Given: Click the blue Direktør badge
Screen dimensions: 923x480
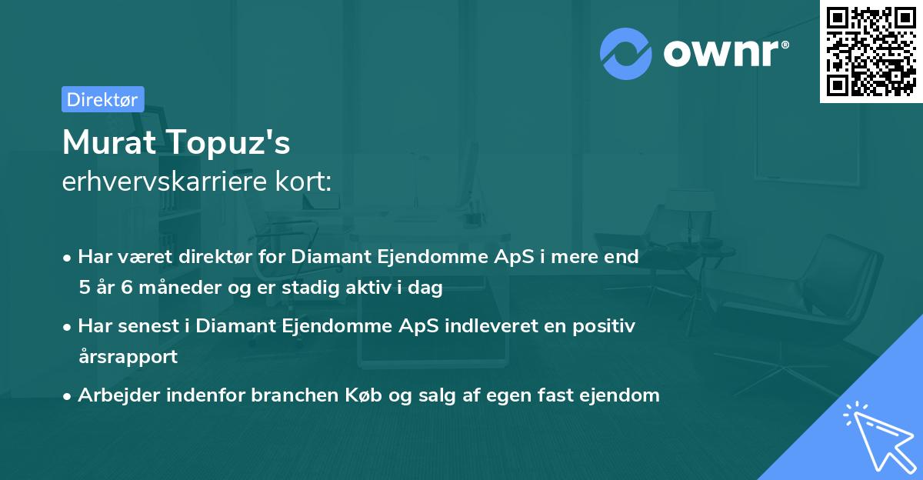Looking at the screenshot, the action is click(103, 99).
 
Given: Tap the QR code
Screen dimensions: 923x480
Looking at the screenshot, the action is click(871, 51).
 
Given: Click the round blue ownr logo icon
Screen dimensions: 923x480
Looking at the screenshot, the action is click(626, 54).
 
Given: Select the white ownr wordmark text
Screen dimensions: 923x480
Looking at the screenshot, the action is click(726, 53).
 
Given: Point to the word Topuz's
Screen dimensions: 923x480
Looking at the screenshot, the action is click(228, 143).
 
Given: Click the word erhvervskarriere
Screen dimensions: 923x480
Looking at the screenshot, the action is click(165, 182).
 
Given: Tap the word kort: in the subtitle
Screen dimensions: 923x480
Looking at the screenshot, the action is click(303, 182).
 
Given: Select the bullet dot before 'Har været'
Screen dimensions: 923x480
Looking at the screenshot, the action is click(67, 258).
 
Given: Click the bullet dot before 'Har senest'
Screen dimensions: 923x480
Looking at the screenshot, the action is click(67, 328).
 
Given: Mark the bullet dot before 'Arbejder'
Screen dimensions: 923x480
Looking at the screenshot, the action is click(67, 397).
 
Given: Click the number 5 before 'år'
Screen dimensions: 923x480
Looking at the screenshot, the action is click(85, 287).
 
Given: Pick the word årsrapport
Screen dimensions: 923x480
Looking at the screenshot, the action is click(128, 357).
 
